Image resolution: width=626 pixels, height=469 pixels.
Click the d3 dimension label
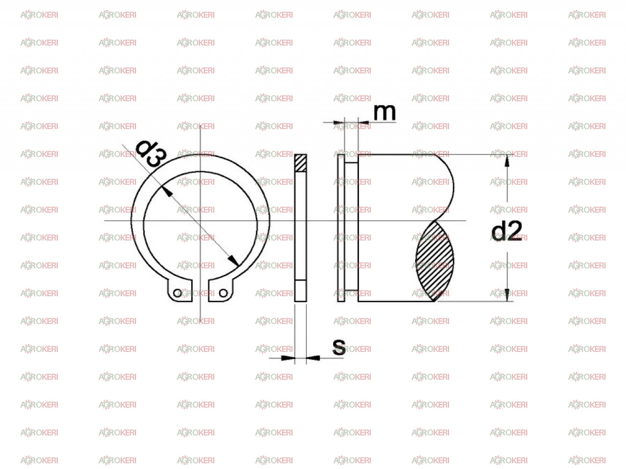[151, 153]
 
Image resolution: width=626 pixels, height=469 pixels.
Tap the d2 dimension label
[507, 231]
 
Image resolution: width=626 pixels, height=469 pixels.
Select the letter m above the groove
[384, 112]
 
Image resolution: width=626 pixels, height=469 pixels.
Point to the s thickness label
[339, 347]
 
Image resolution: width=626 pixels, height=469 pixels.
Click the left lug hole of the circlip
[178, 293]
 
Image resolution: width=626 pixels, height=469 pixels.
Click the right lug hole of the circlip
[224, 293]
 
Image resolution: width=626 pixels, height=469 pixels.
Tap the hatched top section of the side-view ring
[301, 163]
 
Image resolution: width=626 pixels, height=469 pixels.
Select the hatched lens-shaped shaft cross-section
[434, 261]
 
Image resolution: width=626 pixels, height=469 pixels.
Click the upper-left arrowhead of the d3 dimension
[167, 192]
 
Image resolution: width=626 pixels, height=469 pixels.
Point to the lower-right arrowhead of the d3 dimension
[233, 260]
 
